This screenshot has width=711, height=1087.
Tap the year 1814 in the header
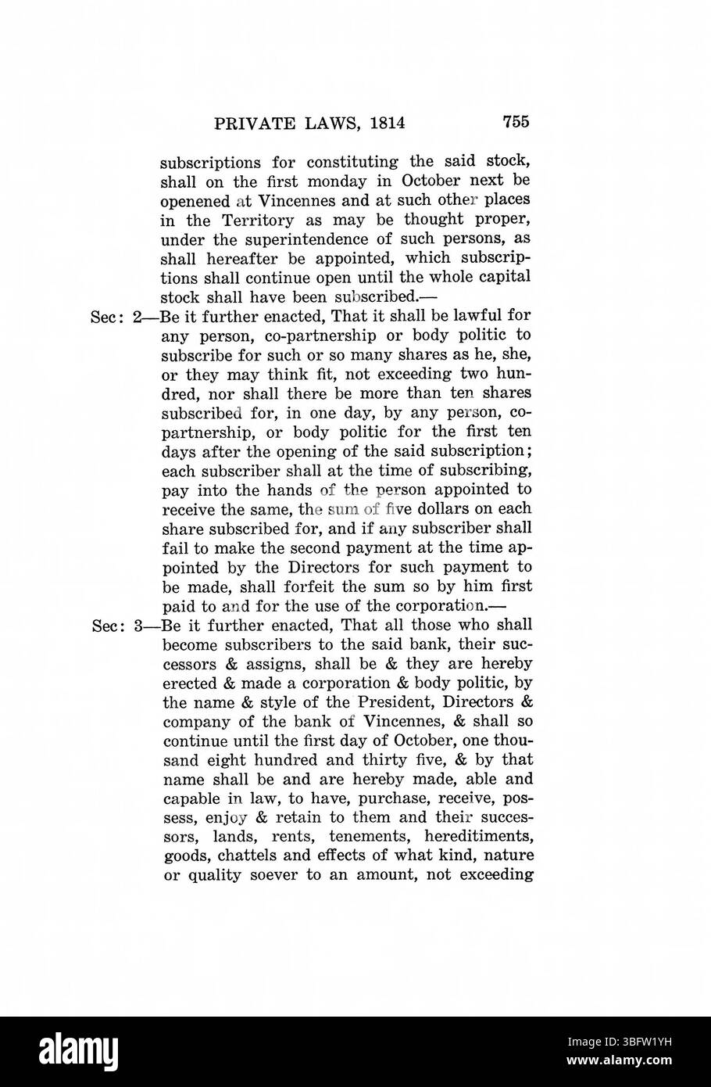(x=384, y=122)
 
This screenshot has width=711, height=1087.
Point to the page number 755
(x=516, y=121)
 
